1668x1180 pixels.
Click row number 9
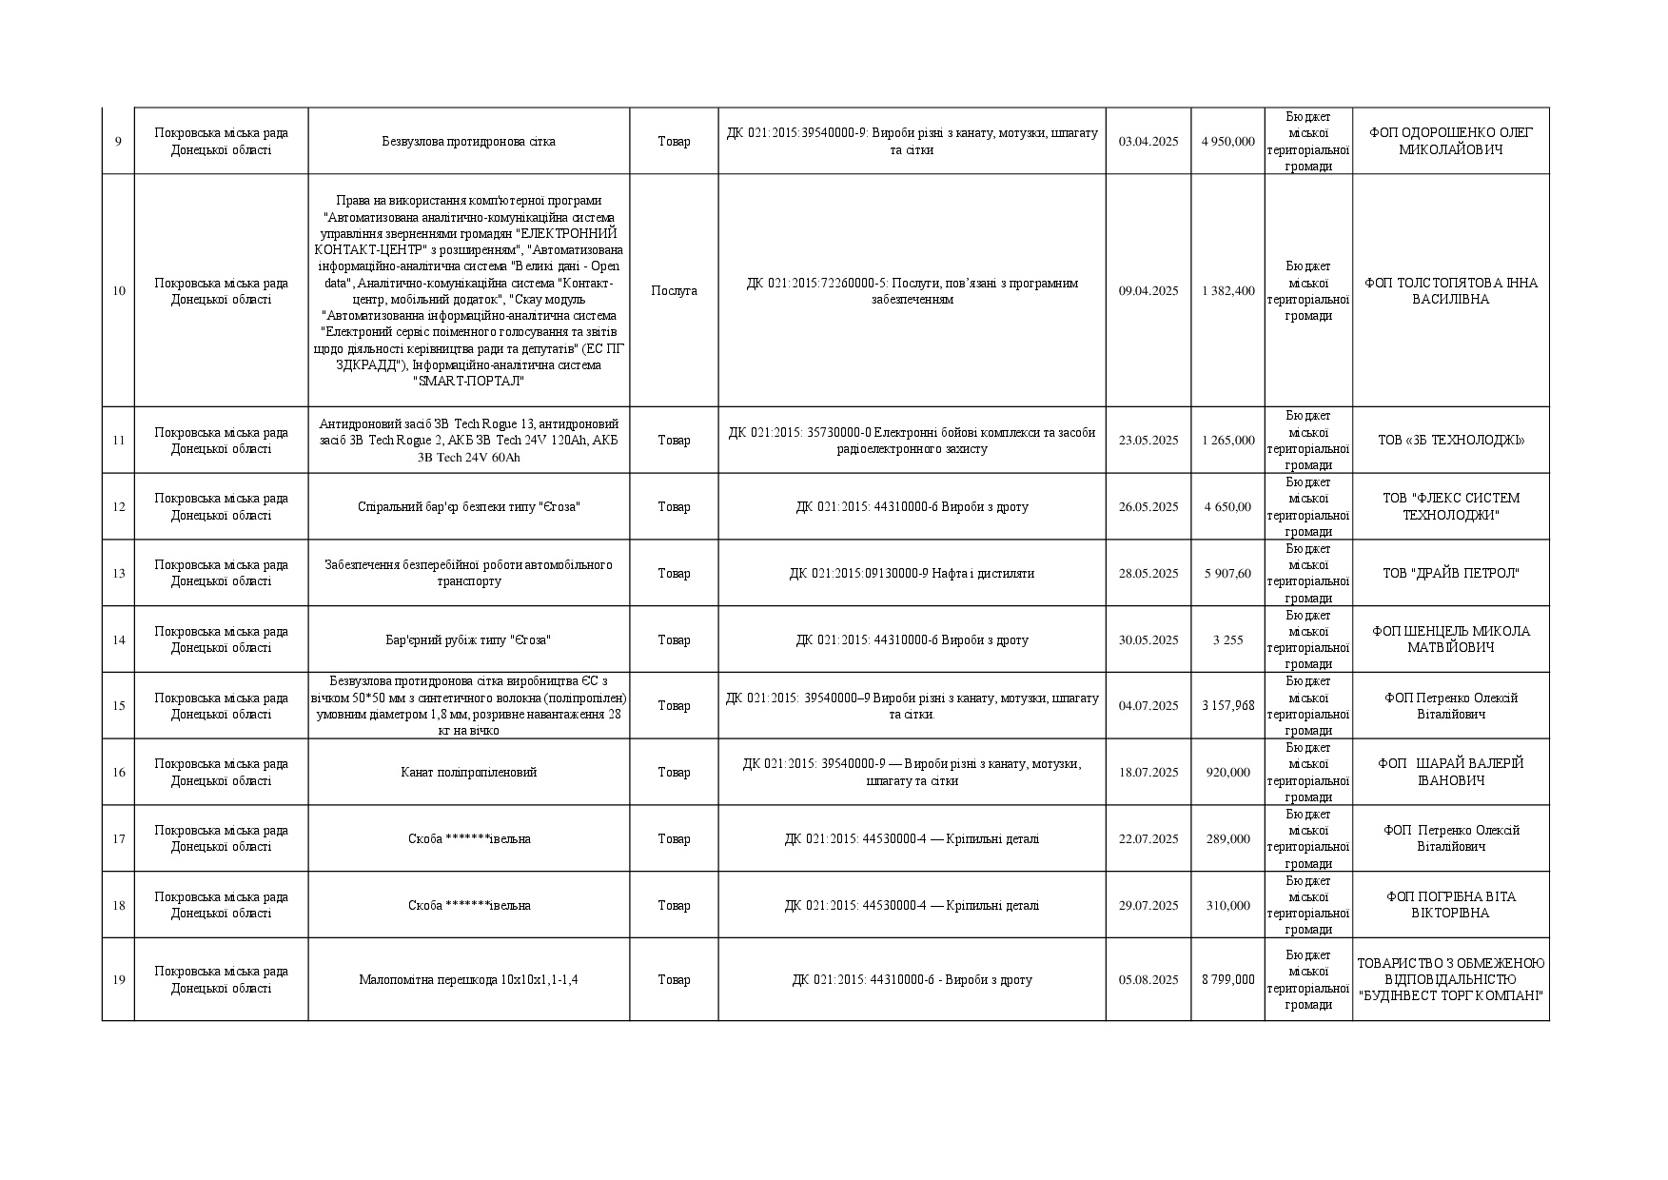pyautogui.click(x=118, y=142)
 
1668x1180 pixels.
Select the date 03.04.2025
pyautogui.click(x=1148, y=142)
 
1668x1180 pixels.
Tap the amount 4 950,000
pyautogui.click(x=1227, y=142)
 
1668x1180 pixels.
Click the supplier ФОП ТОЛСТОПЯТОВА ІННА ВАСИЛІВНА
pyautogui.click(x=1450, y=291)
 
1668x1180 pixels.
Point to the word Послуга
pyautogui.click(x=674, y=291)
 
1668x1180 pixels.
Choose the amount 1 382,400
pyautogui.click(x=1227, y=291)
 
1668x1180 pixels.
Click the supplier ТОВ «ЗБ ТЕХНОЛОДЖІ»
pyautogui.click(x=1450, y=441)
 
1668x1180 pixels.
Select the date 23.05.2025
pyautogui.click(x=1148, y=441)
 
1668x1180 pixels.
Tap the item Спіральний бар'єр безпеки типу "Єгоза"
pyautogui.click(x=468, y=507)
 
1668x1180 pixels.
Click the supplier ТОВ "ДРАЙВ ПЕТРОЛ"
pyautogui.click(x=1450, y=574)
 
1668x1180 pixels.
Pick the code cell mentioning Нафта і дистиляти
pyautogui.click(x=911, y=574)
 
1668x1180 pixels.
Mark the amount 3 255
pyautogui.click(x=1227, y=640)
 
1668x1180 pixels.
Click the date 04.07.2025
pyautogui.click(x=1148, y=706)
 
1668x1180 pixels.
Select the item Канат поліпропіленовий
pyautogui.click(x=468, y=773)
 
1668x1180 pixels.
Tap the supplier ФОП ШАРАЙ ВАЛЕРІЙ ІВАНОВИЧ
pyautogui.click(x=1450, y=773)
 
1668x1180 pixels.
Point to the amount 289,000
pyautogui.click(x=1227, y=839)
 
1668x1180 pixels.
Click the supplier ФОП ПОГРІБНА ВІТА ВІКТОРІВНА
pyautogui.click(x=1450, y=905)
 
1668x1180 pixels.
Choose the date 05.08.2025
pyautogui.click(x=1148, y=980)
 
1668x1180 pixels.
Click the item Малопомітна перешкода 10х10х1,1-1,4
pyautogui.click(x=468, y=980)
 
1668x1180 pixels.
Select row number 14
pyautogui.click(x=118, y=640)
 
